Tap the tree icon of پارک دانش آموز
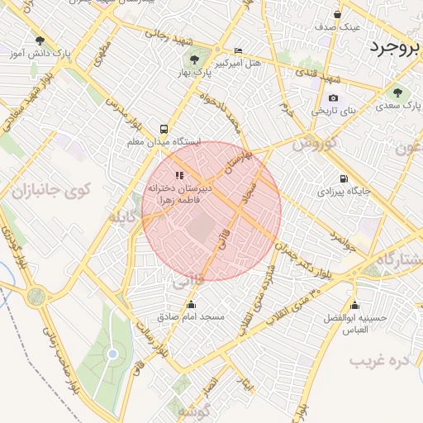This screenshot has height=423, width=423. pos(40,40)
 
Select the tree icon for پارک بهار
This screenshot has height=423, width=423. pos(195,59)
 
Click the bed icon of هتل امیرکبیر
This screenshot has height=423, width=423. pos(239,50)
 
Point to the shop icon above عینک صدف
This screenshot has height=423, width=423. pos(337,14)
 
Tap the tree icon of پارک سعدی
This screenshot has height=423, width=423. pos(398,93)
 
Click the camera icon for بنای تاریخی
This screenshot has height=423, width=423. pos(333,98)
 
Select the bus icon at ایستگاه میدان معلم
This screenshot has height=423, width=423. pos(164,129)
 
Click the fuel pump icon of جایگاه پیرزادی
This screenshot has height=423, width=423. pos(343,178)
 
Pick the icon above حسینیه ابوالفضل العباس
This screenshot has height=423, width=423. pos(354,305)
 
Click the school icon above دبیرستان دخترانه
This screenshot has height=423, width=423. pos(179,175)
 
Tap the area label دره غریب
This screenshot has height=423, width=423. pos(380,360)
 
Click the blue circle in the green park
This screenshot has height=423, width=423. pos(112,354)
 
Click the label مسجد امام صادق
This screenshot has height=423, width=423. pos(185,316)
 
